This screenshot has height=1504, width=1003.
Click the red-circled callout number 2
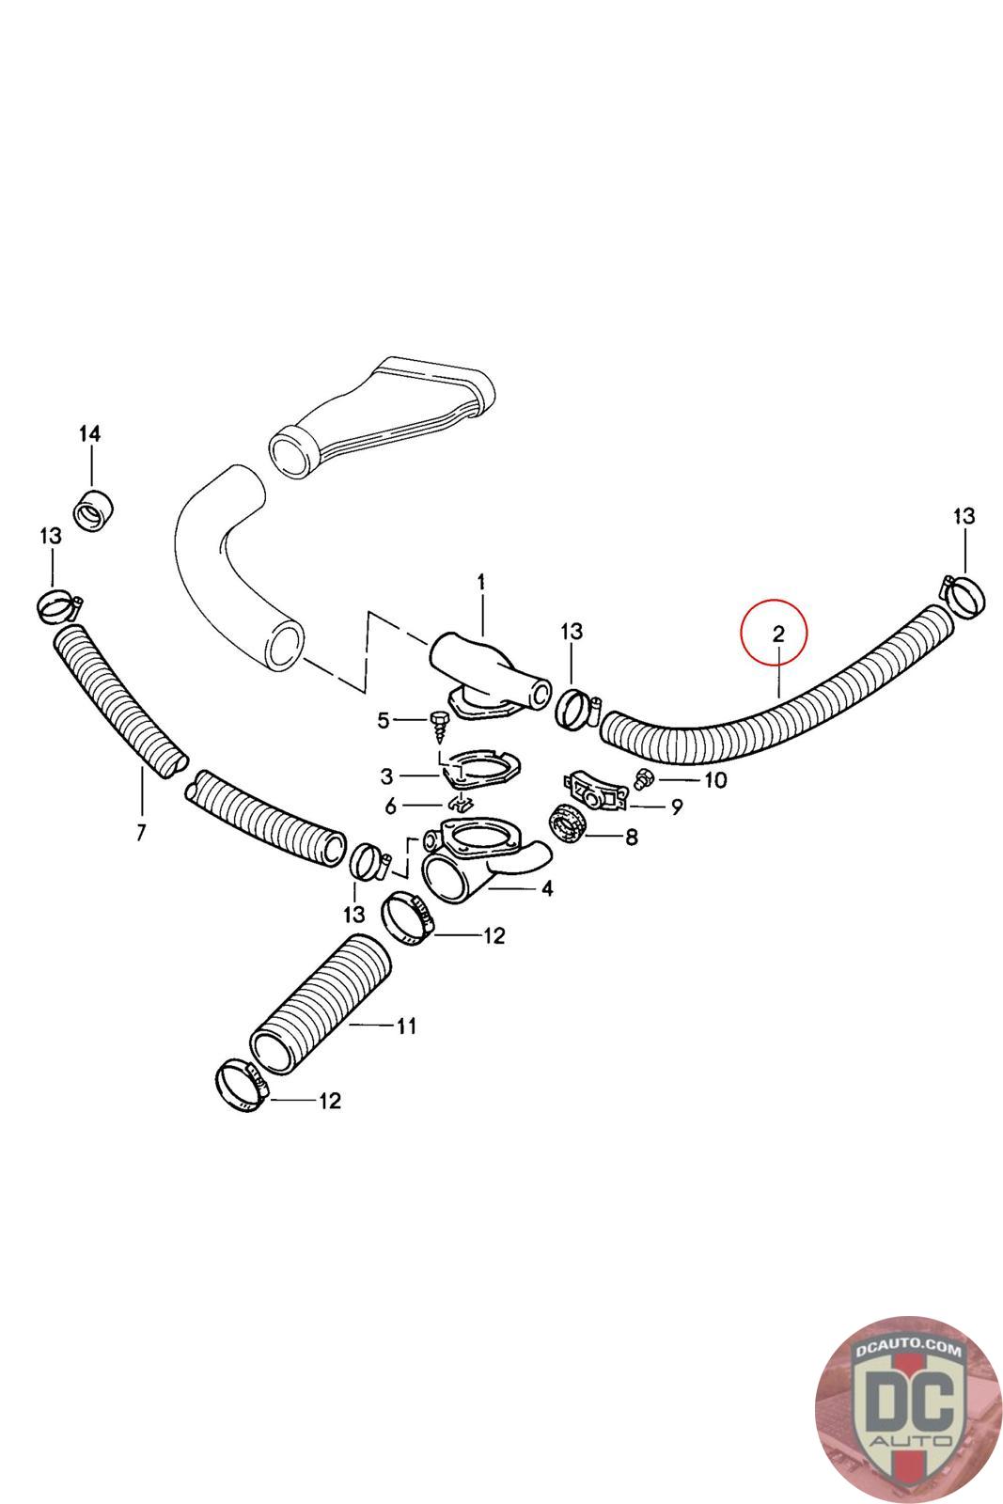tap(778, 634)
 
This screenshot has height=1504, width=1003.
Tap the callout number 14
tap(89, 434)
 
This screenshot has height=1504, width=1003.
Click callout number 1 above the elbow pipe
tap(480, 583)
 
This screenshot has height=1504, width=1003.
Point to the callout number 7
tap(141, 832)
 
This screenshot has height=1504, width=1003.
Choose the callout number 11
tap(405, 1026)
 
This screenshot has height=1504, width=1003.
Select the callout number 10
tap(715, 780)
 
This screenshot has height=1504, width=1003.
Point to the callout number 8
tap(631, 836)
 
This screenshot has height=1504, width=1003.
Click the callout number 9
tap(676, 807)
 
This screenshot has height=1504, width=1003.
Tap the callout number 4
tap(546, 887)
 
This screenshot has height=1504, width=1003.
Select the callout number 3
tap(386, 776)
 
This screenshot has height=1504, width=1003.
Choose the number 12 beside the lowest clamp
tap(330, 1100)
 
